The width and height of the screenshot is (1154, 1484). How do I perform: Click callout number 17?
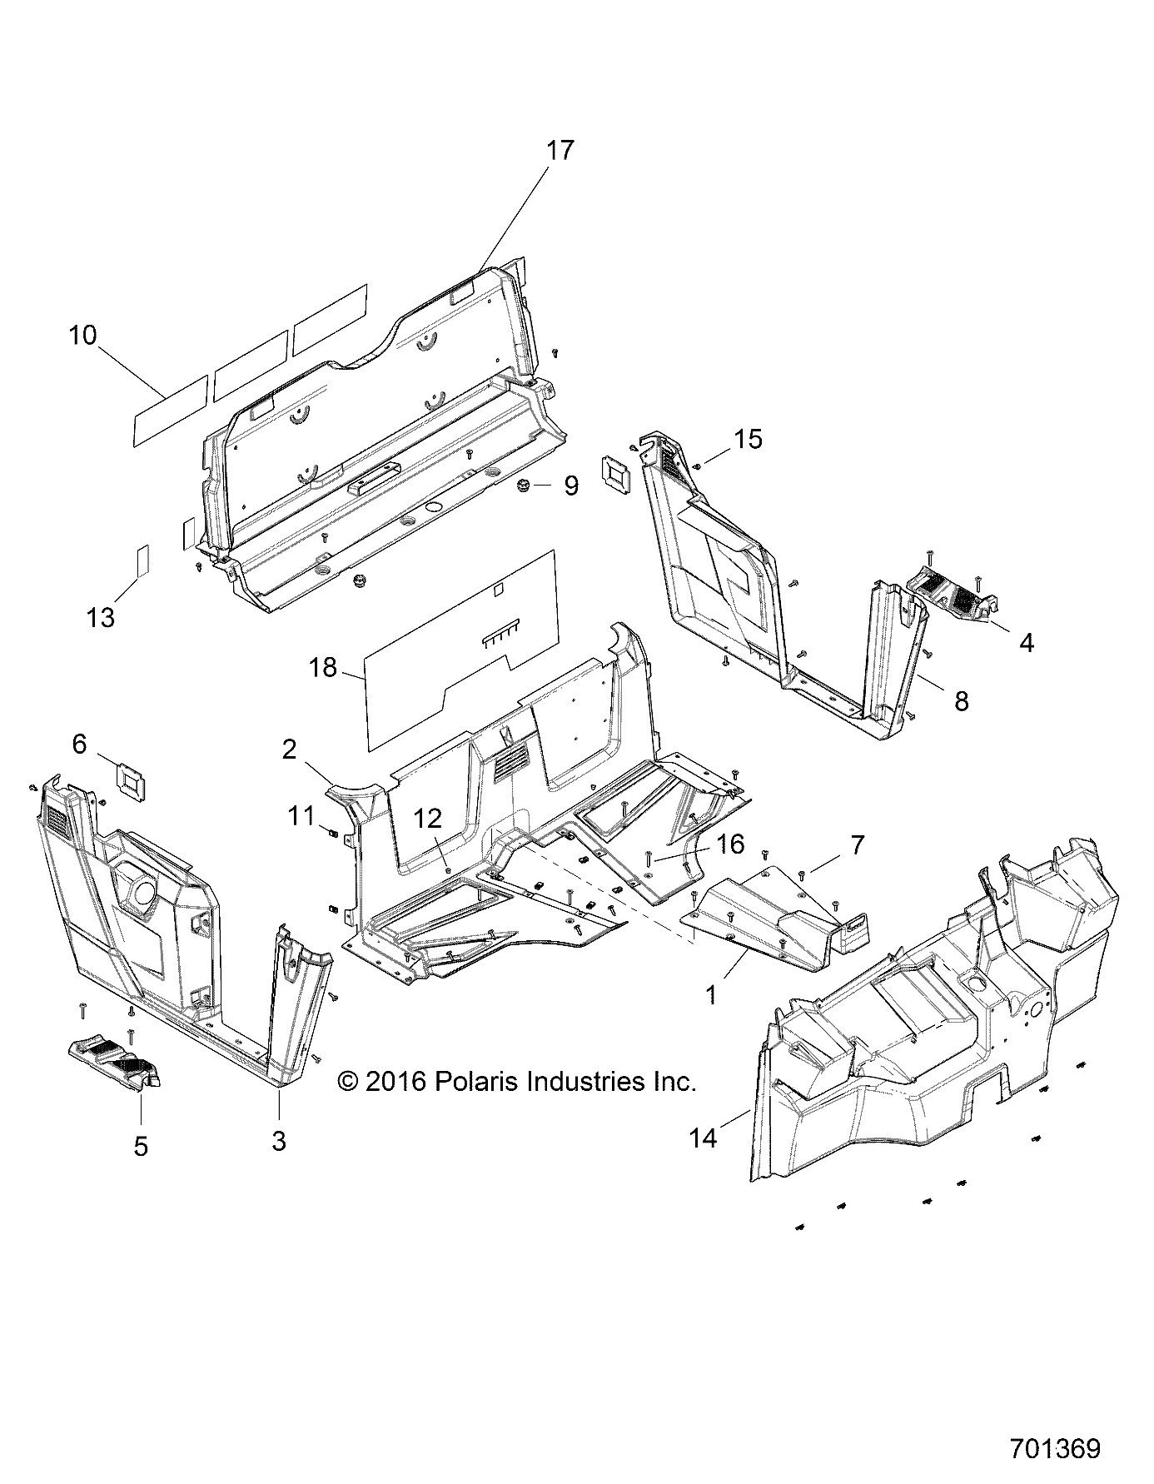(560, 151)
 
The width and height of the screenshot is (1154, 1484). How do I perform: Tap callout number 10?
(82, 336)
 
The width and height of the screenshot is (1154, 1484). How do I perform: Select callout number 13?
(101, 618)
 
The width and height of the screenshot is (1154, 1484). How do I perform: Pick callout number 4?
(1027, 642)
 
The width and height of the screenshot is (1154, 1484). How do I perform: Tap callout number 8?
(962, 701)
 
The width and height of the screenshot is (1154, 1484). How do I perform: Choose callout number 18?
(323, 667)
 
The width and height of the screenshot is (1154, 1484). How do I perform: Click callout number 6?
(79, 744)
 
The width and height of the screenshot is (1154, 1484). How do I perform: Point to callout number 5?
(141, 1146)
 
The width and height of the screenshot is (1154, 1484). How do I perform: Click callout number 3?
(279, 1140)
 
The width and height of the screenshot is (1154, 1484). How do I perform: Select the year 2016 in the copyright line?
(395, 1082)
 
